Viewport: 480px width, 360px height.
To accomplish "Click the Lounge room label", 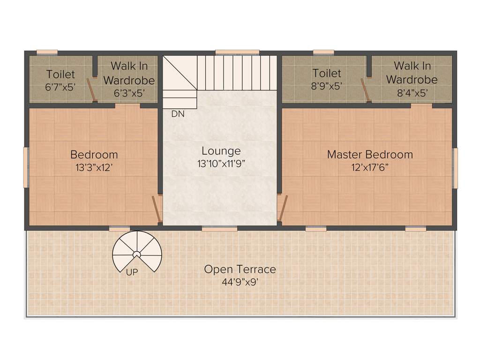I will coord(221,151).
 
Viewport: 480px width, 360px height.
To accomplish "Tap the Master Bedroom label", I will coord(370,154).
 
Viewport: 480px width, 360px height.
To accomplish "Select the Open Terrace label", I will coord(240,270).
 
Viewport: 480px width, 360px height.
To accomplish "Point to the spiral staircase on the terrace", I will coord(137,253).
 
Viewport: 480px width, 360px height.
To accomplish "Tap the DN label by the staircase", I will coord(178,114).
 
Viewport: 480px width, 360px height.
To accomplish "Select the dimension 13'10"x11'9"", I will coord(221,164).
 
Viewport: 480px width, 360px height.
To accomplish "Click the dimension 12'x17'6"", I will coord(370,167).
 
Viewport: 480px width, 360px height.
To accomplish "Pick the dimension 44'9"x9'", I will coord(240,282).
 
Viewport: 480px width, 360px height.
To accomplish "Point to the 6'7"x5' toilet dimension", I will coord(60,87).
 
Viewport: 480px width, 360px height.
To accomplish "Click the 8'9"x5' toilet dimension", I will coord(327,87).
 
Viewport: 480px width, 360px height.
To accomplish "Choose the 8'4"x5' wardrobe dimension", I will coord(412,93).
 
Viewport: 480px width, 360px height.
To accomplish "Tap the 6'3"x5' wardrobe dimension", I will coord(129,93).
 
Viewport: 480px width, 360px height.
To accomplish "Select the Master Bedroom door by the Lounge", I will coord(281,208).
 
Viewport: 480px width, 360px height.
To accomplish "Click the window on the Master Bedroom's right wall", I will coord(455,168).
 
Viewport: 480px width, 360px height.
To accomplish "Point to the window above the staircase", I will coord(237,52).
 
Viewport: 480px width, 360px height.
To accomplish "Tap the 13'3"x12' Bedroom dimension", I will coord(94,167).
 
